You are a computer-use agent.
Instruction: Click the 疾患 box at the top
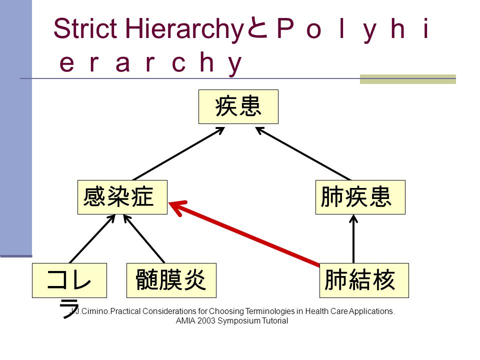pyautogui.click(x=238, y=107)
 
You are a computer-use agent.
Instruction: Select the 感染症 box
pyautogui.click(x=122, y=197)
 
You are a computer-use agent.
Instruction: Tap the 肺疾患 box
pyautogui.click(x=360, y=197)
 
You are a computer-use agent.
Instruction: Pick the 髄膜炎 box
pyautogui.click(x=171, y=280)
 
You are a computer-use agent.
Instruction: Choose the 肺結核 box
pyautogui.click(x=364, y=280)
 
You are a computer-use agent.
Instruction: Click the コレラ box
pyautogui.click(x=69, y=280)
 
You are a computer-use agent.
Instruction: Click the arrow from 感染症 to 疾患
pyautogui.click(x=179, y=153)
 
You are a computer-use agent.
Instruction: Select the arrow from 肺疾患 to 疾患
pyautogui.click(x=303, y=153)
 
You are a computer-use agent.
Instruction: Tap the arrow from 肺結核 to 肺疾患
pyautogui.click(x=353, y=239)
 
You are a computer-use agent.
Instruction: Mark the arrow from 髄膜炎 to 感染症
pyautogui.click(x=144, y=239)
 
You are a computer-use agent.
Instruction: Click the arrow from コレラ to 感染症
pyautogui.click(x=92, y=239)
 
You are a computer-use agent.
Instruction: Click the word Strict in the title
pyautogui.click(x=85, y=28)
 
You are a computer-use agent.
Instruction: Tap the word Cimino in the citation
pyautogui.click(x=94, y=311)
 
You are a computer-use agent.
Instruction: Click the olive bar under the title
pyautogui.click(x=408, y=79)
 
